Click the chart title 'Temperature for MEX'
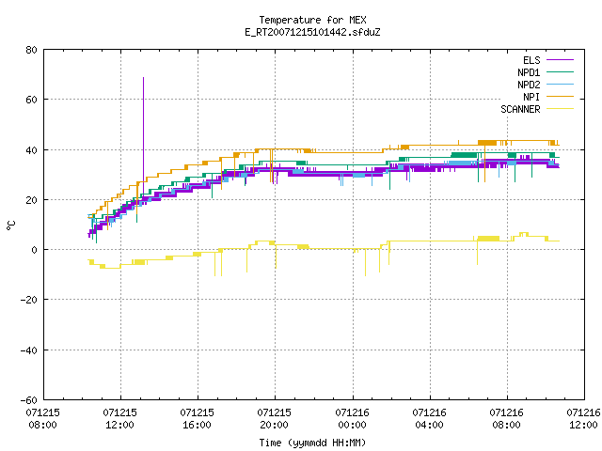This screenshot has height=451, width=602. coord(312,20)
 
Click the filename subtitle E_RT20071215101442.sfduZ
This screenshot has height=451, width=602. coord(312,32)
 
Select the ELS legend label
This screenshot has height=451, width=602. coord(531,60)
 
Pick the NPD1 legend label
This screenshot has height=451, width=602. coord(529,72)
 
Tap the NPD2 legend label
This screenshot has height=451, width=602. coord(529,85)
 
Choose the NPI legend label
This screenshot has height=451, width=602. coord(531,97)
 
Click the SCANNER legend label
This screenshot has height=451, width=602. coord(520,109)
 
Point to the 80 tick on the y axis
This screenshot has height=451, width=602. coord(31,50)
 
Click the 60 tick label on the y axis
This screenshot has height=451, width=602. coord(31,100)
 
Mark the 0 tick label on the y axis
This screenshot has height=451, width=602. coord(34,250)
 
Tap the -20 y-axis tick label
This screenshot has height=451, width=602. coord(29,300)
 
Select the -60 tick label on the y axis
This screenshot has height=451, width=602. coord(29,400)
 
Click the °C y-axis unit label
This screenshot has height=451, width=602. coord(10,225)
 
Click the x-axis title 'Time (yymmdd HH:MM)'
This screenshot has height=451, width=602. coord(312,443)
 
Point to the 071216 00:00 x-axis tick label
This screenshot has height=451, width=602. coord(352,419)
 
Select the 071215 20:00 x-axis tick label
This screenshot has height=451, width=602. coord(274,419)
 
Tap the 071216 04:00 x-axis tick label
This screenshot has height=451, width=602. coord(429,419)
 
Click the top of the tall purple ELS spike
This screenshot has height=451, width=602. coord(144,78)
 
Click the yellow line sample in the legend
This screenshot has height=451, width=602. coord(560,109)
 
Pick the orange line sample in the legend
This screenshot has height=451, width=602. coord(560,97)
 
